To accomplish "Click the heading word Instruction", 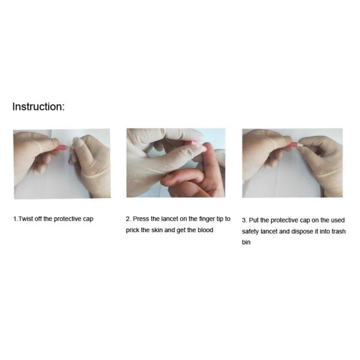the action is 38,107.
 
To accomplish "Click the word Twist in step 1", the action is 25,218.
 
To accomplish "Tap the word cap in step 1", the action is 88,219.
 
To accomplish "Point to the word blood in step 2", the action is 205,230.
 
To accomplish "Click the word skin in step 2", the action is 157,230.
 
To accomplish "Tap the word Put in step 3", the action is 254,220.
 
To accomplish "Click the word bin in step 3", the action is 246,242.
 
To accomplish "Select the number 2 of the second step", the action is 128,219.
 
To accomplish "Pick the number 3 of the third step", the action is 244,220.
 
